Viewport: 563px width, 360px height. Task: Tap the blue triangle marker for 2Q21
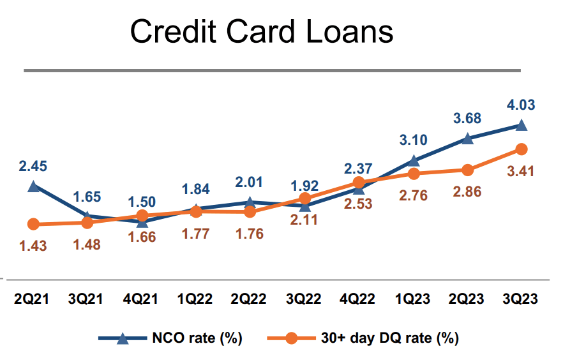pyautogui.click(x=34, y=186)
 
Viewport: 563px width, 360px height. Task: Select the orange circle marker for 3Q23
pyautogui.click(x=522, y=149)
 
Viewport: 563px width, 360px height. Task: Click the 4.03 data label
pyautogui.click(x=522, y=105)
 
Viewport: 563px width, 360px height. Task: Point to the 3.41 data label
pyautogui.click(x=522, y=171)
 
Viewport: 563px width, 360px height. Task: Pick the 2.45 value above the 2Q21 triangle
pyautogui.click(x=33, y=166)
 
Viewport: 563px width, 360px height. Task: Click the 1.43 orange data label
pyautogui.click(x=33, y=245)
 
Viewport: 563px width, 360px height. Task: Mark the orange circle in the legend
pyautogui.click(x=290, y=338)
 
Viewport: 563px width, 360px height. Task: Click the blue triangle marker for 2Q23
pyautogui.click(x=468, y=139)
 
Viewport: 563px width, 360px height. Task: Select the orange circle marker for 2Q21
pyautogui.click(x=34, y=224)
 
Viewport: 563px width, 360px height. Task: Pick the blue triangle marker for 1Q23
pyautogui.click(x=414, y=161)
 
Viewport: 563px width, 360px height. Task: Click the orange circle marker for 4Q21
pyautogui.click(x=142, y=216)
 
